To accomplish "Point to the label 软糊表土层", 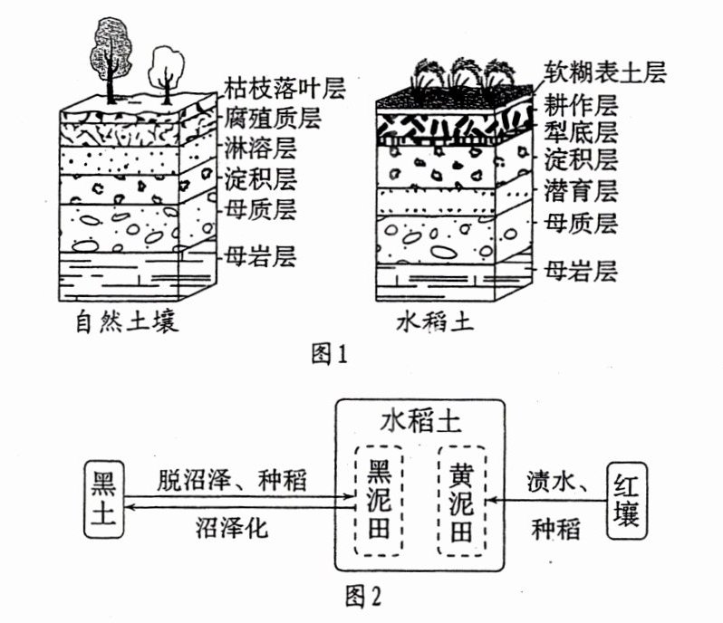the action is pos(606,72).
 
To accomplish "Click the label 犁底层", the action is pos(581,132).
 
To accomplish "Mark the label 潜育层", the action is pos(581,191).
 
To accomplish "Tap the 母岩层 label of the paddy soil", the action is pos(581,269).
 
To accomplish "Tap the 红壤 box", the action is pos(626,499).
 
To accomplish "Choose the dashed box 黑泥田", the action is pos(378,501).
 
